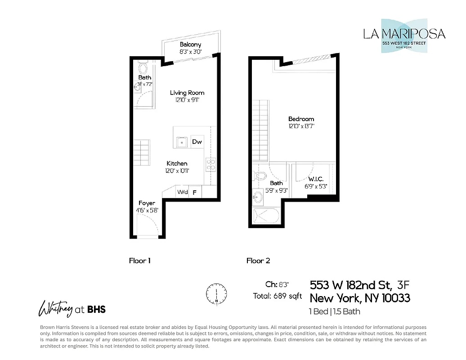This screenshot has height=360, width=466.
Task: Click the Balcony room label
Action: click(x=190, y=45)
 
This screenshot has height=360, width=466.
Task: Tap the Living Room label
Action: click(x=187, y=93)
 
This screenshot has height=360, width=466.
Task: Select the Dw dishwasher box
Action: click(x=197, y=142)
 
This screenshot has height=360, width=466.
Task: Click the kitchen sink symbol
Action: click(x=182, y=142)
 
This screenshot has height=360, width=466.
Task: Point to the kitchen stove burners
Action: click(x=211, y=164)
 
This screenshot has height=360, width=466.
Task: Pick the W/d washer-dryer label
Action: click(x=182, y=192)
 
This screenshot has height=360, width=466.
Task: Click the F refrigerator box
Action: click(x=195, y=192)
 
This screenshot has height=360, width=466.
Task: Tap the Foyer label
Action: click(x=147, y=203)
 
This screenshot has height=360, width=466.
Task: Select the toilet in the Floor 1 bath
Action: click(x=143, y=69)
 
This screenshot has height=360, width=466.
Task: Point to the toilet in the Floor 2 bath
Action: click(x=260, y=176)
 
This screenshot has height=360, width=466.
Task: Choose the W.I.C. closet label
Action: click(x=316, y=179)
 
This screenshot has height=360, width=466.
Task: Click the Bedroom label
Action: click(x=301, y=119)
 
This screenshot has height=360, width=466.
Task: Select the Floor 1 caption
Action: click(x=140, y=261)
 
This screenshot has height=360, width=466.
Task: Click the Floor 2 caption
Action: click(x=258, y=261)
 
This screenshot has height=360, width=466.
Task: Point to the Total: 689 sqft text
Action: click(x=277, y=296)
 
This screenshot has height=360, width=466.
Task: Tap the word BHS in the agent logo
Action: click(x=96, y=309)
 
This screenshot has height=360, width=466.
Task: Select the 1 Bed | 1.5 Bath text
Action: click(x=334, y=311)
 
